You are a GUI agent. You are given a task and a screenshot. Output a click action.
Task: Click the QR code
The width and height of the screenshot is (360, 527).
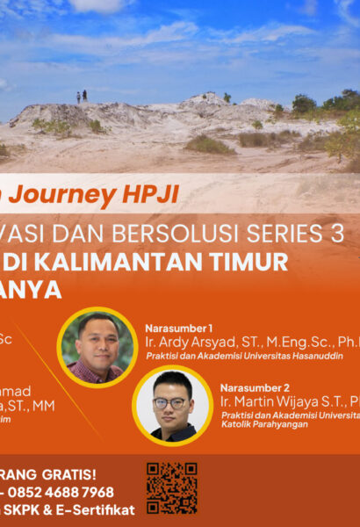point(171,487)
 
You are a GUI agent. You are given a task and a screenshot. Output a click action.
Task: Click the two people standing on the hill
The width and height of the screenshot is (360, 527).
point(82,96)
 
